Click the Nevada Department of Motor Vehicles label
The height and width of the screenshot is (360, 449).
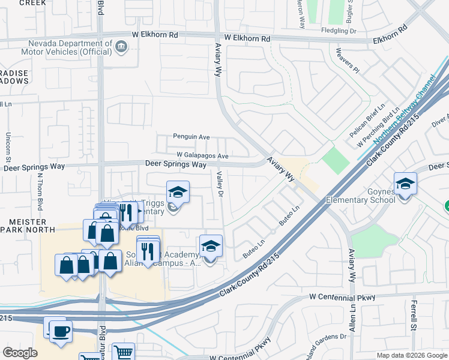[x=62, y=47]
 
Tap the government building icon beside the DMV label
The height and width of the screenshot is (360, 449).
[x=121, y=46]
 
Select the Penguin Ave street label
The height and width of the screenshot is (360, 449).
[x=191, y=137]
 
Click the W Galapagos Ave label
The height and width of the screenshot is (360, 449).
[x=203, y=156]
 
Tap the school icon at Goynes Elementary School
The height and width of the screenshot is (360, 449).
[x=405, y=184]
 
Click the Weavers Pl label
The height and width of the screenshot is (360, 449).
[x=348, y=61]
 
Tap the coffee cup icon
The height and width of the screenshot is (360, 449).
[x=61, y=331]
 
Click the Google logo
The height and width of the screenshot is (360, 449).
[x=20, y=353]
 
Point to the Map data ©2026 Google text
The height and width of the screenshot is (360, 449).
[x=411, y=355]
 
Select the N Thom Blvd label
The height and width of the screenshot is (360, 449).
[x=40, y=191]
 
